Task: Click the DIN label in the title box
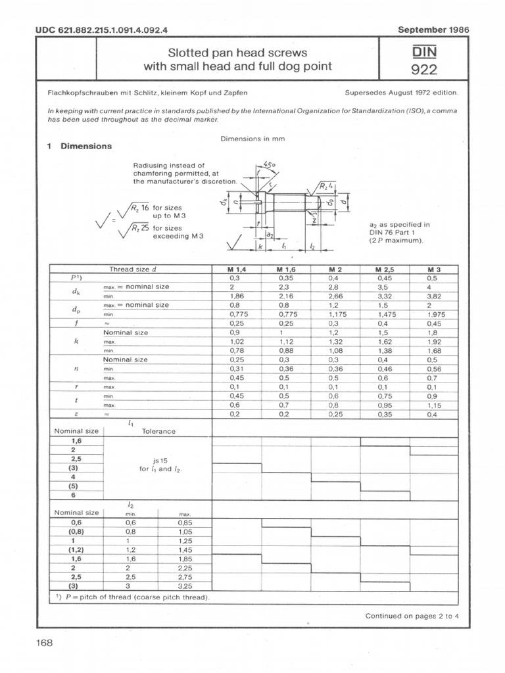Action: click(x=424, y=51)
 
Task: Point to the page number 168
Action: click(x=44, y=643)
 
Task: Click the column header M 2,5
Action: click(x=385, y=269)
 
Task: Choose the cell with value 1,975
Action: click(x=435, y=315)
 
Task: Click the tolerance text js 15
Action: click(x=157, y=460)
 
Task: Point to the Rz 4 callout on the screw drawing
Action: click(x=327, y=187)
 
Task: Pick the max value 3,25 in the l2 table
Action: click(x=185, y=585)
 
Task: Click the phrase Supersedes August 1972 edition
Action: click(x=401, y=93)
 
